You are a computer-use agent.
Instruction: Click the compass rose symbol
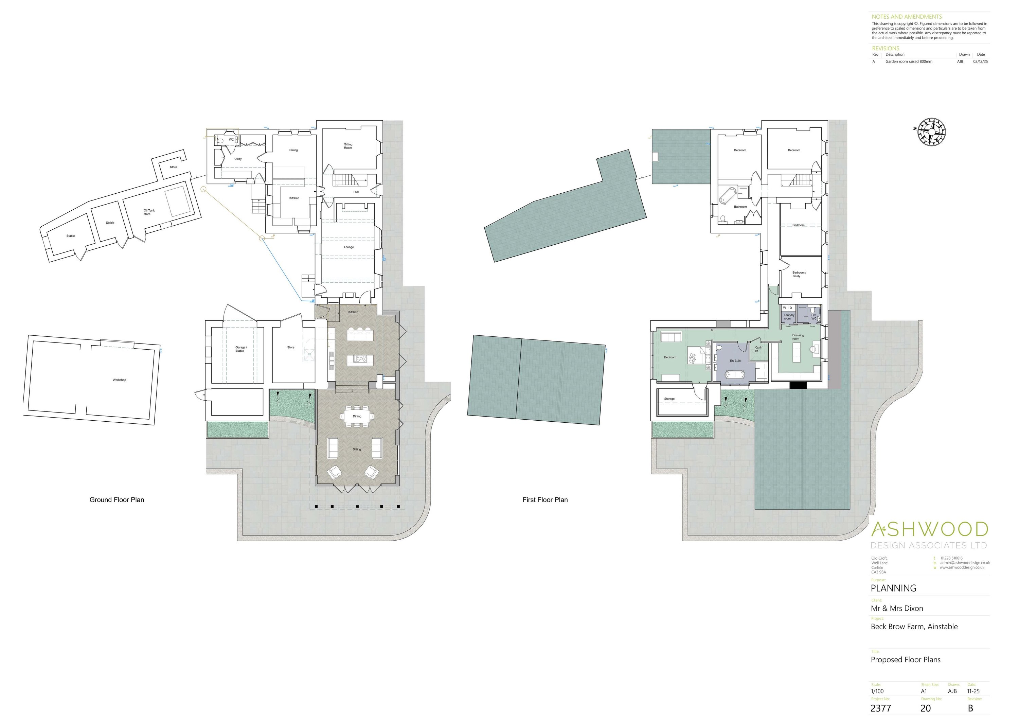931,132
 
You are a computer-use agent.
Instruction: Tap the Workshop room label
119,380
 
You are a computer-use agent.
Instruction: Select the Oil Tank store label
149,212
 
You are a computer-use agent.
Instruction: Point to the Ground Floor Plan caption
117,500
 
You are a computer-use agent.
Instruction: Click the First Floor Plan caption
545,500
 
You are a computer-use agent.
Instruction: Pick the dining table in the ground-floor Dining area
357,416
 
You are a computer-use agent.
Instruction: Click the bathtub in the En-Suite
735,375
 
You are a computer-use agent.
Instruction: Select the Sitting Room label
348,146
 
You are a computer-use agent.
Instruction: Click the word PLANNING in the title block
893,588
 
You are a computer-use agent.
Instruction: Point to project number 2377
881,708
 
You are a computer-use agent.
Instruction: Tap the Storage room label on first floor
669,399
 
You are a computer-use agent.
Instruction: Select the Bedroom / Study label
799,274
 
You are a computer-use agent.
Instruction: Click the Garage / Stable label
240,349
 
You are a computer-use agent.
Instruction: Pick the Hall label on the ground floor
356,192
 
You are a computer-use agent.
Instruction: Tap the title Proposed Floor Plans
906,660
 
